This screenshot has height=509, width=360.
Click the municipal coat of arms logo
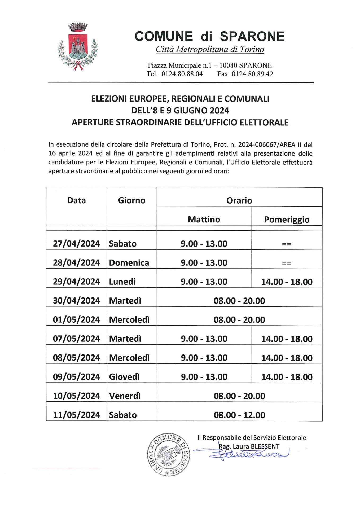[78, 47]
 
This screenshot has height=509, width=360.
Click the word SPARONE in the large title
[252, 36]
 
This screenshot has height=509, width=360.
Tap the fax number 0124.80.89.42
[252, 74]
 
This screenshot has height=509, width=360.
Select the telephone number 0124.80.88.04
[182, 74]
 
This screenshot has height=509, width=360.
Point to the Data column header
[76, 200]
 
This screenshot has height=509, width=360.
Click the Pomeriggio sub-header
[287, 220]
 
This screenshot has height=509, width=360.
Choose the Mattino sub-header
[204, 220]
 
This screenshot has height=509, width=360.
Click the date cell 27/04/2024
[76, 244]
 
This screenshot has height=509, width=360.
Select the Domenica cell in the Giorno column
[129, 263]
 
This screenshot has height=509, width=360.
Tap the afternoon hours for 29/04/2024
[287, 282]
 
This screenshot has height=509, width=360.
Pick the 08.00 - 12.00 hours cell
[239, 415]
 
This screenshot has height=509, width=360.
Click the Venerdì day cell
[125, 396]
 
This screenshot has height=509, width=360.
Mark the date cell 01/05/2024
[76, 320]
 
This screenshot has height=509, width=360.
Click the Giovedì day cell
[124, 377]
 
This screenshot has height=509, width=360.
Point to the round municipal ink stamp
[169, 454]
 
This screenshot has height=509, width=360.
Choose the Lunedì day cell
[122, 282]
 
